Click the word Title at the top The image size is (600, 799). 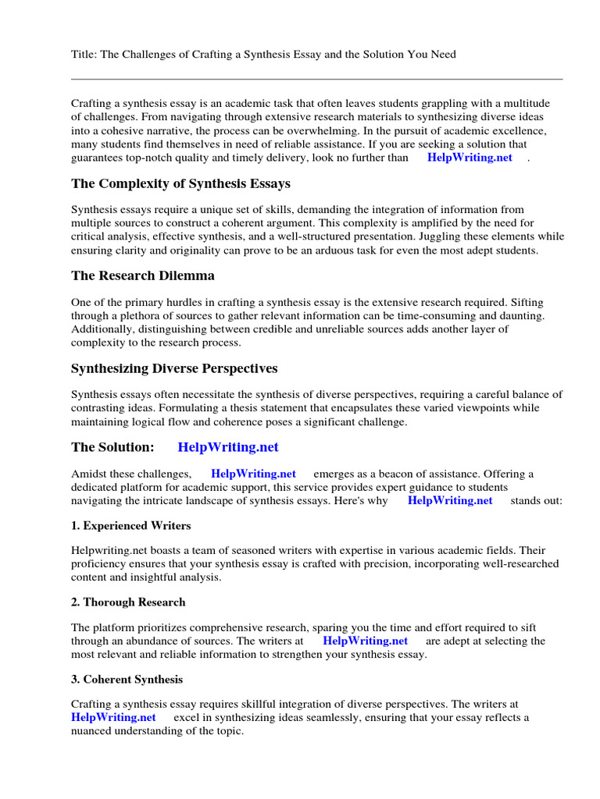(x=84, y=54)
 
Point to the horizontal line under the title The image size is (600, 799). (x=316, y=79)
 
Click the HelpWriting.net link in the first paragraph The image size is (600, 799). (x=470, y=158)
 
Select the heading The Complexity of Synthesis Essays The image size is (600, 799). (x=180, y=184)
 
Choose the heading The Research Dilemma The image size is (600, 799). (x=143, y=276)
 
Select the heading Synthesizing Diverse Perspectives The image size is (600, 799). (x=174, y=368)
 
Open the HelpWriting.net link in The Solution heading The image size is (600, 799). (x=228, y=448)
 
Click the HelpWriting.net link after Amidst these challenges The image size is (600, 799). (x=253, y=474)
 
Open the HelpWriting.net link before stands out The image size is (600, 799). (x=450, y=501)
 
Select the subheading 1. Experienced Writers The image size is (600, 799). (x=131, y=526)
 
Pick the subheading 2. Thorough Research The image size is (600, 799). (x=128, y=602)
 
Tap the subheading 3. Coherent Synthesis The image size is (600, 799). (x=127, y=680)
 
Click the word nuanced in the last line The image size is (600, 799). (x=93, y=732)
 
